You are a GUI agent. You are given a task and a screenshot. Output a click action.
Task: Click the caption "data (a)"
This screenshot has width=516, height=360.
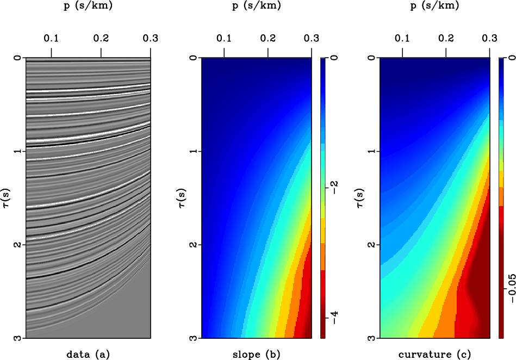[88, 355]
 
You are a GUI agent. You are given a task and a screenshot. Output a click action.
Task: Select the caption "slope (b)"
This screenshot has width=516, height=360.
[256, 355]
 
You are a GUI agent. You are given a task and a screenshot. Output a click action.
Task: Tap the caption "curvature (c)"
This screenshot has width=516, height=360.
[433, 355]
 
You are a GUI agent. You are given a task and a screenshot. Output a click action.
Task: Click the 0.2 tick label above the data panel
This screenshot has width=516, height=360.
[101, 39]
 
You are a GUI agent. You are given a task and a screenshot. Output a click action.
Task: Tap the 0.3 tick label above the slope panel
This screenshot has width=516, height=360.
[311, 39]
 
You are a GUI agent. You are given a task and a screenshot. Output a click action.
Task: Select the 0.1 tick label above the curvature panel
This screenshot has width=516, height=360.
[402, 39]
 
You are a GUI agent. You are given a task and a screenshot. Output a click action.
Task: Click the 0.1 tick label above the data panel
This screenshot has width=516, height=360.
[51, 39]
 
